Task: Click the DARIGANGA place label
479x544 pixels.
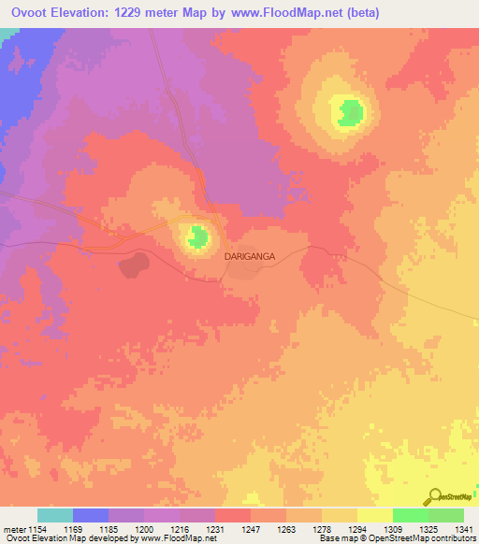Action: point(249,253)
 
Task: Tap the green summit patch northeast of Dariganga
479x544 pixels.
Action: point(350,112)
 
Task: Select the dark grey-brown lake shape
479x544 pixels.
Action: point(133,265)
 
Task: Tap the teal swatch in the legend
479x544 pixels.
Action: point(54,515)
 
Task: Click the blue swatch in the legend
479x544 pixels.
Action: point(90,515)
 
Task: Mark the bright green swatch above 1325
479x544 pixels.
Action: point(410,515)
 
